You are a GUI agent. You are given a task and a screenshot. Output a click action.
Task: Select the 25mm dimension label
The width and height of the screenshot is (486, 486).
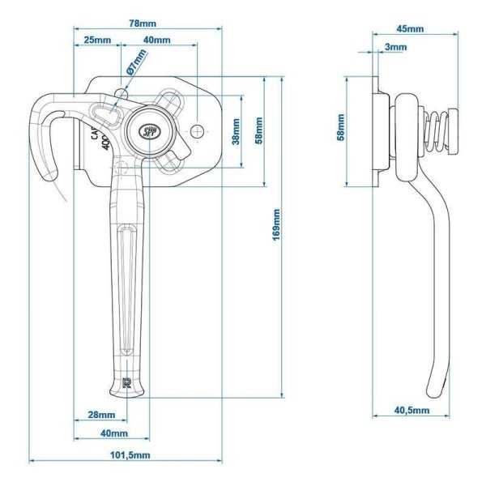coord(96,40)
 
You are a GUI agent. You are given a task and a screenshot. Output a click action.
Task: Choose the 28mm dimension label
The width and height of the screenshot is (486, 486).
coord(100,415)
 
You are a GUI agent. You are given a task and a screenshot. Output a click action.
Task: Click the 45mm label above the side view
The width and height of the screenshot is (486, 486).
coord(409,29)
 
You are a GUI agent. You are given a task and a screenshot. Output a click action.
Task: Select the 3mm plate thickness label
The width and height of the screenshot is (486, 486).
coord(396,47)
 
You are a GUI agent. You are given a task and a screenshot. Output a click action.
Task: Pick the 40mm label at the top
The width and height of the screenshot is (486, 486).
coord(156,40)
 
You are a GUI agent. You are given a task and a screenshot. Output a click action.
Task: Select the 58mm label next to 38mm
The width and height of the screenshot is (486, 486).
coord(258,131)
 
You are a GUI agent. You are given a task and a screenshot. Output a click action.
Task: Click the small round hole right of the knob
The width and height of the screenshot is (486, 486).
coord(198,130)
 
